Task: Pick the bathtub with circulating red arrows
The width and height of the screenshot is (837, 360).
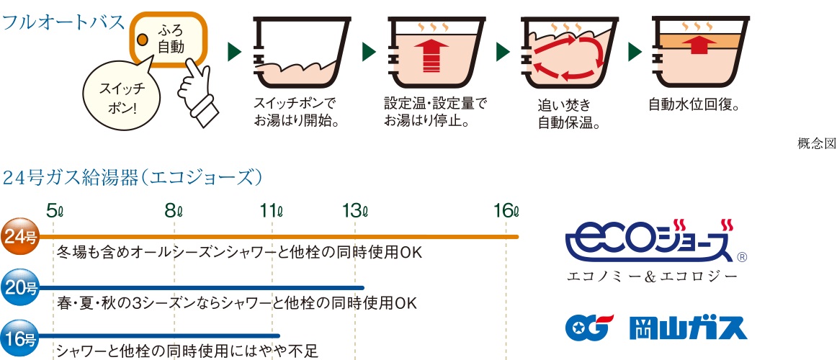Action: pyautogui.click(x=565, y=54)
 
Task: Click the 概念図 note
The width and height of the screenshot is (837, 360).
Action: pyautogui.click(x=817, y=143)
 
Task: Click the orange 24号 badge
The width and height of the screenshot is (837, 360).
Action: pyautogui.click(x=21, y=236)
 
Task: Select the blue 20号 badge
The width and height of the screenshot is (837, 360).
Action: pyautogui.click(x=21, y=288)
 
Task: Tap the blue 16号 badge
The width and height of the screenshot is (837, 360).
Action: pyautogui.click(x=21, y=336)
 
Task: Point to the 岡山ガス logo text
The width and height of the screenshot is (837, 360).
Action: pyautogui.click(x=689, y=328)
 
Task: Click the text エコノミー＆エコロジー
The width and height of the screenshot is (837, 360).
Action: pyautogui.click(x=653, y=276)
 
